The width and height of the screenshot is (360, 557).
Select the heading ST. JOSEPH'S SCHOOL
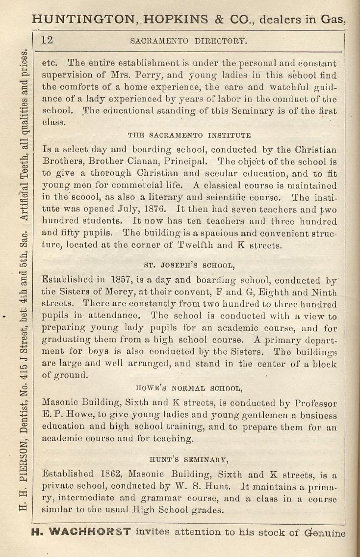click(x=190, y=266)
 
